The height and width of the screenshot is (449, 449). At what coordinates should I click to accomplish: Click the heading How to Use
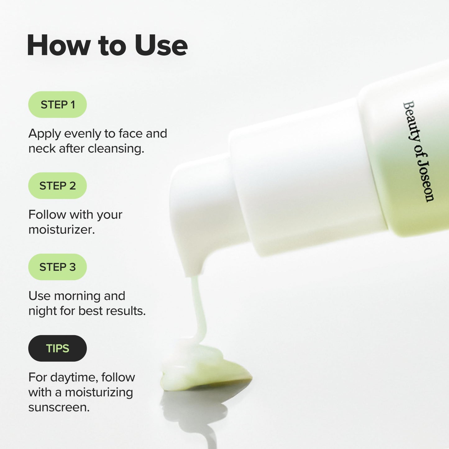click(107, 46)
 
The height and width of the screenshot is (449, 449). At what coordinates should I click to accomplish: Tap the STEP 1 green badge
click(57, 105)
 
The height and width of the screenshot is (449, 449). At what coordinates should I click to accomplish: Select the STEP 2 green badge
click(57, 186)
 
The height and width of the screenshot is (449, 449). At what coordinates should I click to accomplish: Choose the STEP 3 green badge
click(57, 267)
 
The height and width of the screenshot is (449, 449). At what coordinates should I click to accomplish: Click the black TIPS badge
click(57, 348)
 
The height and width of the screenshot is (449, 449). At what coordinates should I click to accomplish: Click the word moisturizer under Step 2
click(61, 230)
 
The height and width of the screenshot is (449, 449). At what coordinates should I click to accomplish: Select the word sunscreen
click(59, 407)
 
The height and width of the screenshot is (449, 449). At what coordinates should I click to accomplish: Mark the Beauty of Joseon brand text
click(418, 151)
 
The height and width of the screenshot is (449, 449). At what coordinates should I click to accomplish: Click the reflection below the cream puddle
click(193, 413)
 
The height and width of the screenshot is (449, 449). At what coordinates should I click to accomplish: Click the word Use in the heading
click(161, 46)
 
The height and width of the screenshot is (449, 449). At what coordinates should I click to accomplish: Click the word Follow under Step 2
click(47, 215)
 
